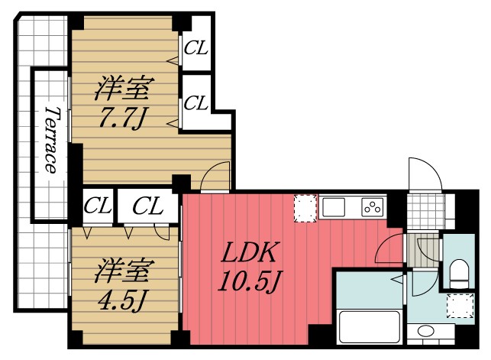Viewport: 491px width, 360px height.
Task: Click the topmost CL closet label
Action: [196, 49]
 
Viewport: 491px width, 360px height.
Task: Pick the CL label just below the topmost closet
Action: [196, 102]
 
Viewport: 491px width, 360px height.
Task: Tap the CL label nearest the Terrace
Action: [97, 206]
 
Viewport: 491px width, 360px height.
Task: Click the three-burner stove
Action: [372, 207]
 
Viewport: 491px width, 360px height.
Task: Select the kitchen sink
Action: [335, 206]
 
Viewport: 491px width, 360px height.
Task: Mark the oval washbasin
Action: [425, 332]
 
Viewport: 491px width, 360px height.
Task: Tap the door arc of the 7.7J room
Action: [215, 178]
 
